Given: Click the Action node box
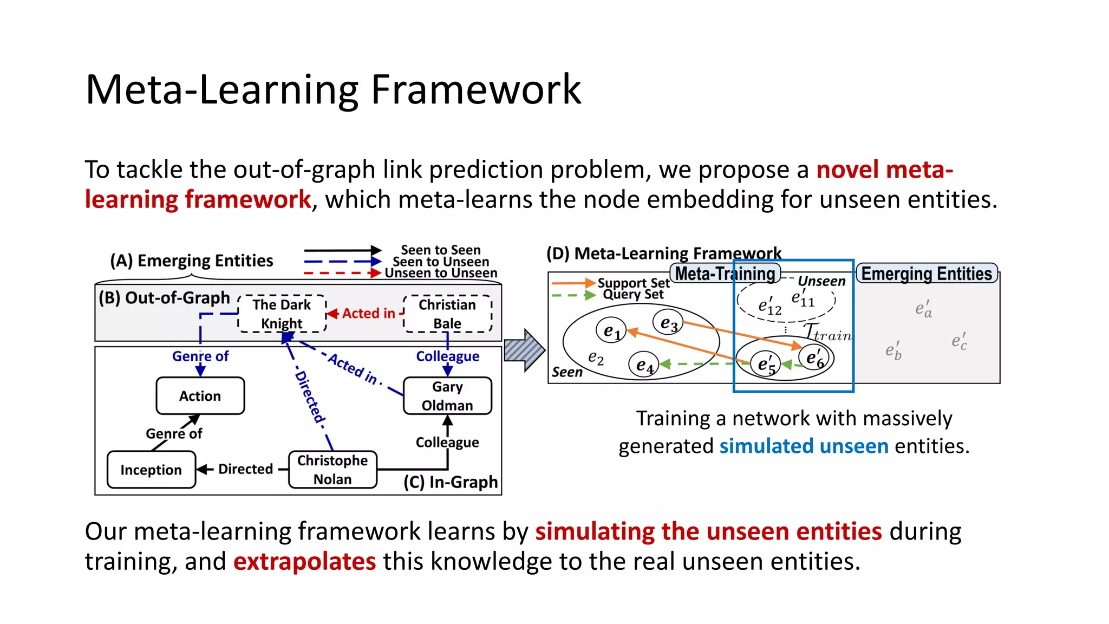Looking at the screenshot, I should (200, 396).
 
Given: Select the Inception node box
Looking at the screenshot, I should (151, 470).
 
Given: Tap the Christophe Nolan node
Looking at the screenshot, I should (332, 470).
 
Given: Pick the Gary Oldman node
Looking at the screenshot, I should (447, 396).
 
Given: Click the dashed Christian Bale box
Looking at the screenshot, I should (447, 314).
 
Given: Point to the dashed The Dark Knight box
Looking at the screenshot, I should (282, 314).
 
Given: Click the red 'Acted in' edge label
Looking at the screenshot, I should (368, 313).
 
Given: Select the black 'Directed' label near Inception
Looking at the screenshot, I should (245, 469).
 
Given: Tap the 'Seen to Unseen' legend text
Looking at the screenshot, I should (441, 262).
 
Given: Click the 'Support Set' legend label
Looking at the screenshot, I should (633, 283).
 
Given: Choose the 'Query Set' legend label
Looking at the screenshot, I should (633, 294).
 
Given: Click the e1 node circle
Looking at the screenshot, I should (611, 330).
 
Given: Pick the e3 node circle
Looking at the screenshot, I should (668, 323).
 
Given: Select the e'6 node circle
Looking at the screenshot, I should (814, 358).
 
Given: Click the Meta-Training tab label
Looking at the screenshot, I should (725, 274).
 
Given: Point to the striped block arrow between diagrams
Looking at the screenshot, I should (523, 350).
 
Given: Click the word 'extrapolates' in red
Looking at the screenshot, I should (304, 561).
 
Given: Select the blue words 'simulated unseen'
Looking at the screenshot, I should (804, 446).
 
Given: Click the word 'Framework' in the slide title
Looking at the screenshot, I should (475, 89).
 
